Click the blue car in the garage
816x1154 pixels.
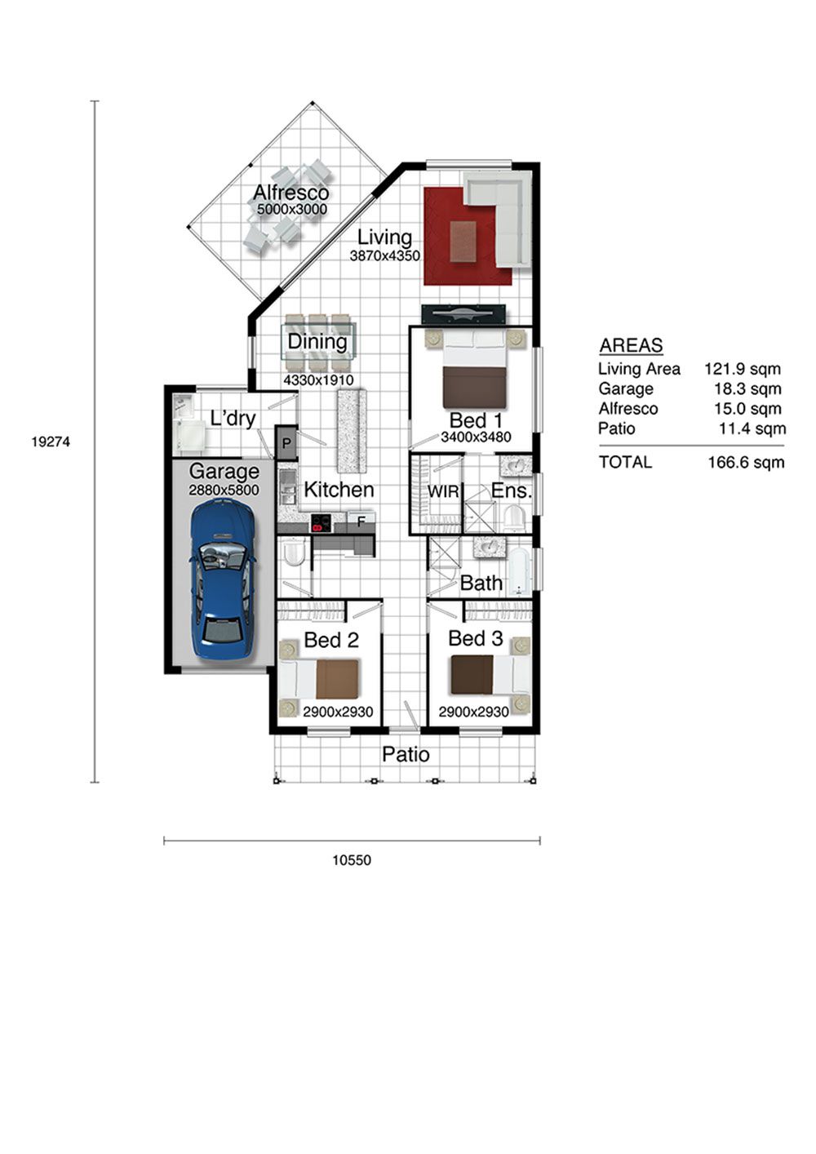pyautogui.click(x=224, y=579)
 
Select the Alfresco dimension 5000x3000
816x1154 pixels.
pyautogui.click(x=292, y=209)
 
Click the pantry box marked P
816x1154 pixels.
pyautogui.click(x=286, y=442)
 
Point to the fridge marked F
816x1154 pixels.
pyautogui.click(x=361, y=522)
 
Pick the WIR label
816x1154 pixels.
pyautogui.click(x=443, y=491)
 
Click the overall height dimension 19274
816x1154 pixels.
pyautogui.click(x=51, y=442)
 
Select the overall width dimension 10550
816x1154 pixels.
pyautogui.click(x=352, y=860)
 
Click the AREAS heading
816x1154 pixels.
pyautogui.click(x=631, y=345)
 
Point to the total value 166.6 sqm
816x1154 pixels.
pyautogui.click(x=746, y=462)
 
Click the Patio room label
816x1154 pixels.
pyautogui.click(x=406, y=755)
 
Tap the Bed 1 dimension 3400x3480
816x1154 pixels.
pyautogui.click(x=476, y=437)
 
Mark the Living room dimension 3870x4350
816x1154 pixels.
pyautogui.click(x=385, y=255)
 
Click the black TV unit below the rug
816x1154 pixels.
pyautogui.click(x=463, y=315)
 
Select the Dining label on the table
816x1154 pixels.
pyautogui.click(x=317, y=342)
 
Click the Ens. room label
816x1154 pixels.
pyautogui.click(x=511, y=490)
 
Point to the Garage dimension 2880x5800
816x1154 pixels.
pyautogui.click(x=224, y=490)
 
